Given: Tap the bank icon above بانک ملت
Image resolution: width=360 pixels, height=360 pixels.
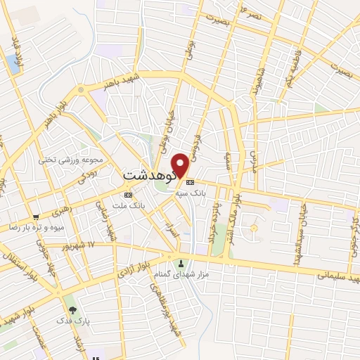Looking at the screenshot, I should point(128,194).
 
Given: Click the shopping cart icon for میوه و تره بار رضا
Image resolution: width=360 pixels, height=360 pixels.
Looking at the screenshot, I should point(35,217).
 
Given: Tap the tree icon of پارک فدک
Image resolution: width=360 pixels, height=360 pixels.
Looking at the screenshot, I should point(71,308).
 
